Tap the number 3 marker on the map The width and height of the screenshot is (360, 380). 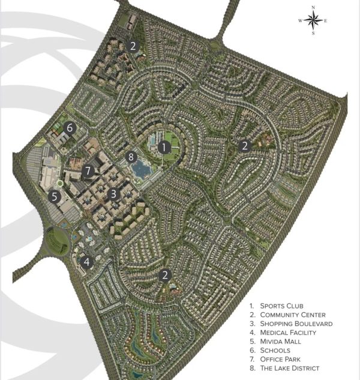[113, 194]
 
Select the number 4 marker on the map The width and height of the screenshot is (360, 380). [87, 262]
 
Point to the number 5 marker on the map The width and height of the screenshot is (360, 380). [54, 196]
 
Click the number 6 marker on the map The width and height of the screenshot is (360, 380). [70, 128]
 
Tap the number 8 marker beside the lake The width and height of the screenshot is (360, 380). [132, 157]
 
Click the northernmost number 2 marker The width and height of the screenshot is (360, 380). [133, 45]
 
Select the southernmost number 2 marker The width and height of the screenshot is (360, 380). [164, 275]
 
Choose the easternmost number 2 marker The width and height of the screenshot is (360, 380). [244, 145]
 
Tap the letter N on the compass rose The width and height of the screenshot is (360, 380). [313, 8]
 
